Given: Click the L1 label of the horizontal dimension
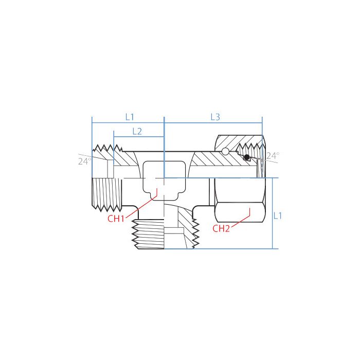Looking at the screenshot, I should (x=129, y=117).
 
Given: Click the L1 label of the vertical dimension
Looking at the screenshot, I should (x=278, y=216).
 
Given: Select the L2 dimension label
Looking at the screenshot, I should (x=137, y=131).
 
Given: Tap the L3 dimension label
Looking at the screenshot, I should (x=215, y=117).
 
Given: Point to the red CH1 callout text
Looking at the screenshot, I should (x=116, y=219).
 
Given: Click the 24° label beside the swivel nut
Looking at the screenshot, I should (x=272, y=155).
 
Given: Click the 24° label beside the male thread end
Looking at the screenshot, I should (x=84, y=161).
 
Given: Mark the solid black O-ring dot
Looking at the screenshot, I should (x=247, y=157).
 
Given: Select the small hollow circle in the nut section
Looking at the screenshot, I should (x=225, y=151).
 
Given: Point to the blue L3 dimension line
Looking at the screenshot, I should (x=213, y=123).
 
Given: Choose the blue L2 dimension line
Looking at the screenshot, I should (x=138, y=137).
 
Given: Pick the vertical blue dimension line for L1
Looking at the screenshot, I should (x=271, y=213).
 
